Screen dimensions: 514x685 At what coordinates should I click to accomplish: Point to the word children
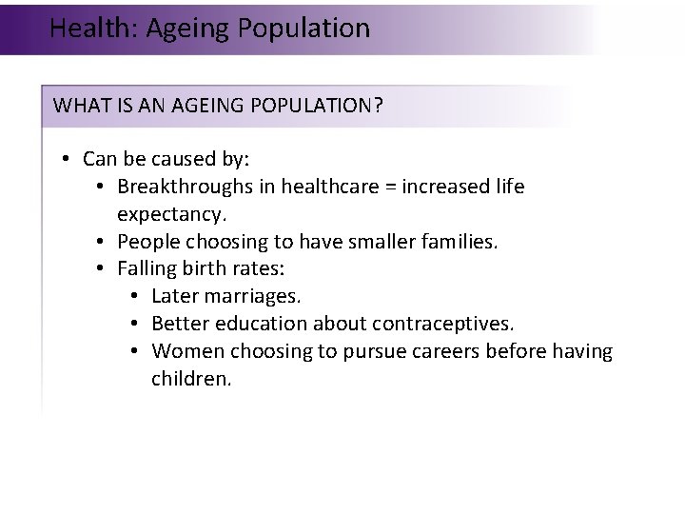pos(190,380)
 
